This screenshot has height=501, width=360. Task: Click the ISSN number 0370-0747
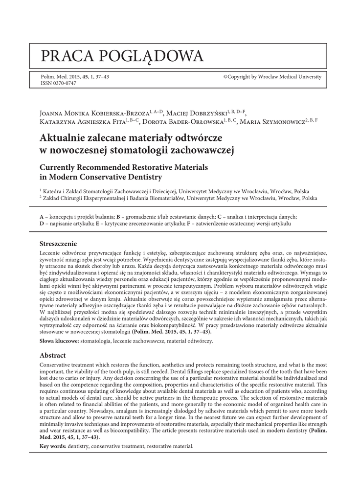(x=58, y=84)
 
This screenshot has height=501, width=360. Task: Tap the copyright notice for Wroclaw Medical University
(x=272, y=77)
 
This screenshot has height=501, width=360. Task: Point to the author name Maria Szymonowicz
(x=272, y=122)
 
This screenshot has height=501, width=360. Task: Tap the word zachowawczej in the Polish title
(x=202, y=150)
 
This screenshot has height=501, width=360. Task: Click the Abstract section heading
(x=52, y=355)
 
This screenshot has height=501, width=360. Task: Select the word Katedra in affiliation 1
(x=53, y=192)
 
